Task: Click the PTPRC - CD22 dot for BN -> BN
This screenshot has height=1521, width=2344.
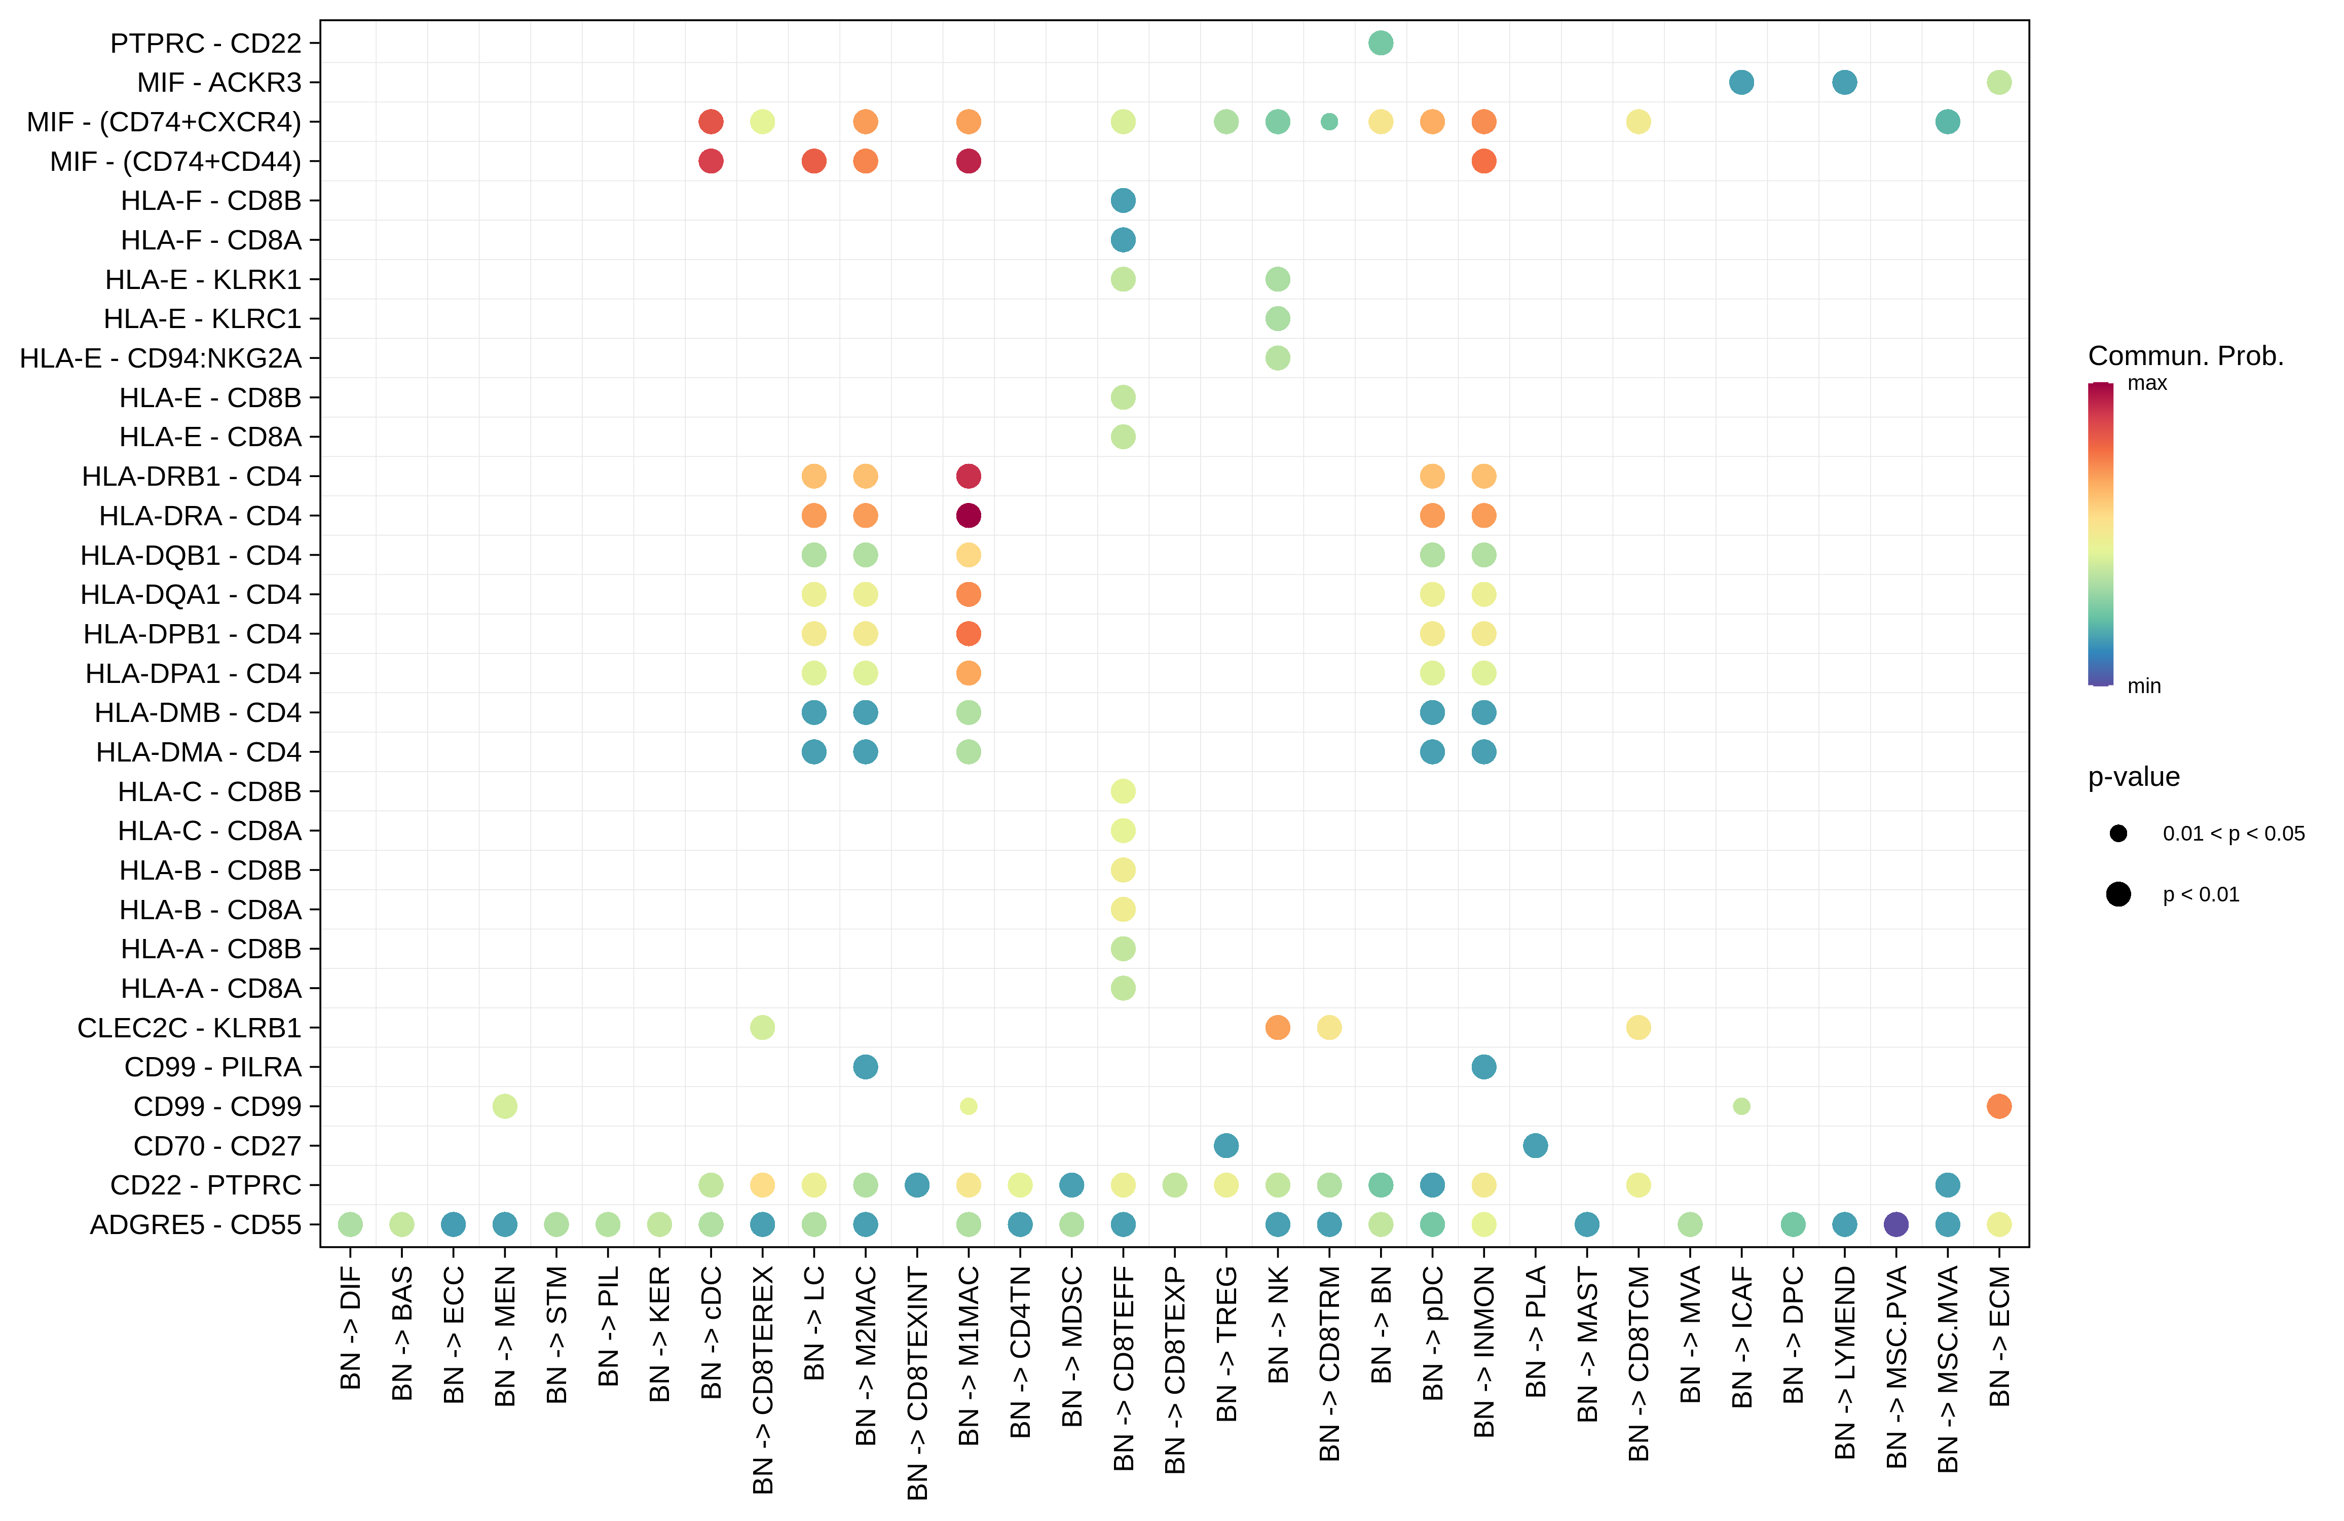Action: click(x=1380, y=43)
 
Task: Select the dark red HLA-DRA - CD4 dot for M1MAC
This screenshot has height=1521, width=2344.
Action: click(x=968, y=515)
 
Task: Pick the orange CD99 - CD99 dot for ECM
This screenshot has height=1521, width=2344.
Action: click(x=1998, y=1106)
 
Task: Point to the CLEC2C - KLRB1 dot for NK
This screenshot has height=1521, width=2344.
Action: click(x=1277, y=1028)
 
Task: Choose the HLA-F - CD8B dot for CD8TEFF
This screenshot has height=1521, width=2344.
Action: click(x=1123, y=201)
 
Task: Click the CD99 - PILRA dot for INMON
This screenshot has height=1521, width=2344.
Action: click(x=1483, y=1067)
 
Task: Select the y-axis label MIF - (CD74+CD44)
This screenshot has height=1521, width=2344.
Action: click(x=175, y=162)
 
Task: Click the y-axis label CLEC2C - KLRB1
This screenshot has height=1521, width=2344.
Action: click(x=189, y=1028)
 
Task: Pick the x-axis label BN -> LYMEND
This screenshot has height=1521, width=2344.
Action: click(x=1845, y=1362)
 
